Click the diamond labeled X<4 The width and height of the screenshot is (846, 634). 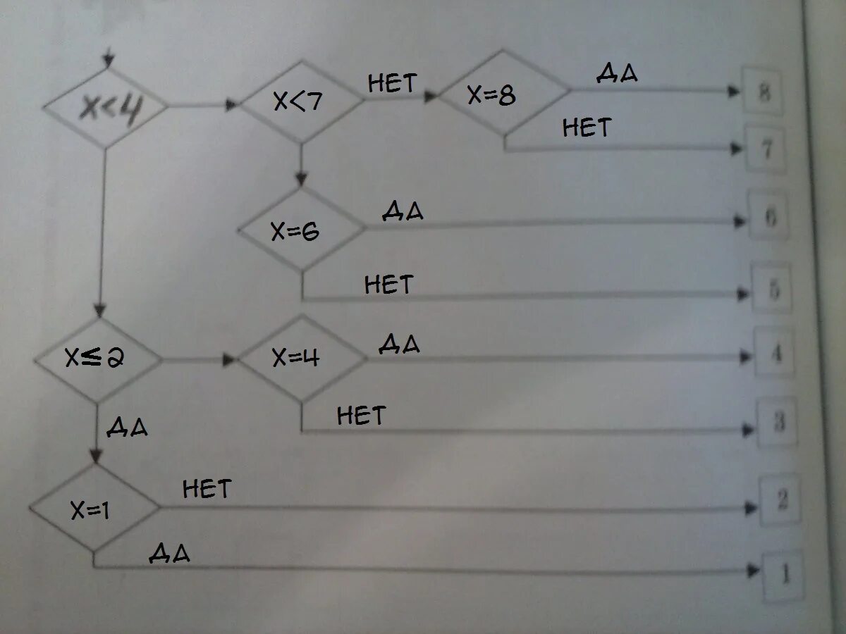point(106,107)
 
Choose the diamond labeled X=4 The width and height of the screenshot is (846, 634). point(302,359)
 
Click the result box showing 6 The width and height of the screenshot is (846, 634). point(769,218)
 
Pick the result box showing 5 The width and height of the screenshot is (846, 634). point(773,289)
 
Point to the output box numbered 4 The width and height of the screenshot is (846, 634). point(775,352)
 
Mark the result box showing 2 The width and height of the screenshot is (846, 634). point(781,500)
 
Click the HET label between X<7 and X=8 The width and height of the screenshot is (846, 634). point(392,84)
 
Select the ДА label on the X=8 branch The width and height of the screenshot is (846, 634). point(618,73)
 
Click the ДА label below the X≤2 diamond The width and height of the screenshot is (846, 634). point(128,427)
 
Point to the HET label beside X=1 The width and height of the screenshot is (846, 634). point(207,488)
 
